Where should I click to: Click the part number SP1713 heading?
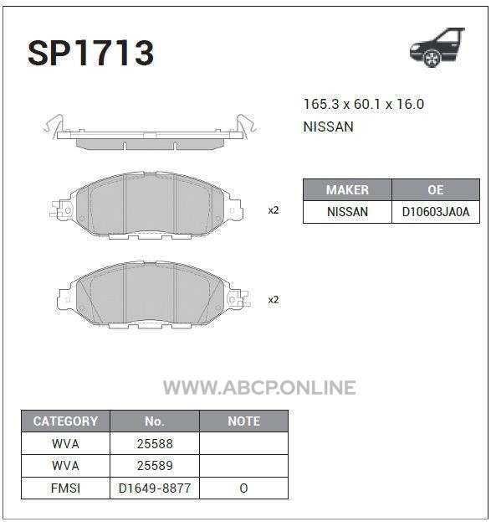90,53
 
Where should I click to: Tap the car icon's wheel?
432,59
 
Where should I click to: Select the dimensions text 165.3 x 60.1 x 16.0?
364,104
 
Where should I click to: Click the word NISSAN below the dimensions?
329,127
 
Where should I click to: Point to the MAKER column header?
347,189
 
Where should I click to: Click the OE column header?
436,189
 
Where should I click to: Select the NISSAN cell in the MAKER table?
347,212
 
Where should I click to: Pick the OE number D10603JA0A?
436,212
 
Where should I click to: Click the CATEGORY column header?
65,421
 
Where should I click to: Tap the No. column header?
155,421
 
